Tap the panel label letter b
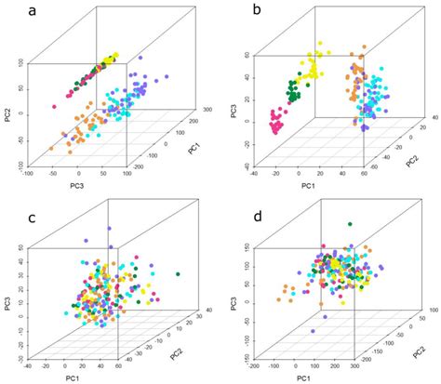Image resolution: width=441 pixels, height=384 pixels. coord(244,13)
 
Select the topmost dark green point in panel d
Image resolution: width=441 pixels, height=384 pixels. coord(349,224)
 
